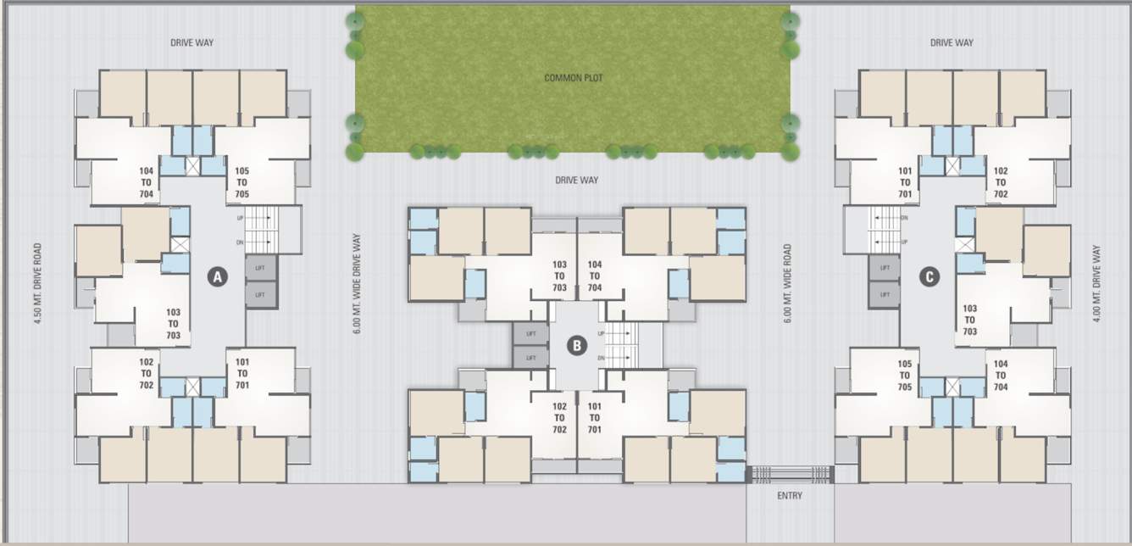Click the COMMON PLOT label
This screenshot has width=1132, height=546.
(574, 78)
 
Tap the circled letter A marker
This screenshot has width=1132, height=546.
(218, 276)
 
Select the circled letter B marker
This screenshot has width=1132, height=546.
(577, 345)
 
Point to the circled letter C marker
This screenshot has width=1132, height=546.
(930, 276)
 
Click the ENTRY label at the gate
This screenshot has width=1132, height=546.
(789, 495)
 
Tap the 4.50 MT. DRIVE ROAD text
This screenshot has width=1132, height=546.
(38, 285)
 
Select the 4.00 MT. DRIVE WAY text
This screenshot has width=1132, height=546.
(1096, 284)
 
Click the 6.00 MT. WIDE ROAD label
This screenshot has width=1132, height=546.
(787, 284)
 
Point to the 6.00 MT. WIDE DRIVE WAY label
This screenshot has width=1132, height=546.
(357, 284)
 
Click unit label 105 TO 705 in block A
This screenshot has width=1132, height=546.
(241, 182)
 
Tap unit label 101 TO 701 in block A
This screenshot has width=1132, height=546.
(242, 374)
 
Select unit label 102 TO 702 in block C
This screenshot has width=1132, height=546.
(1001, 182)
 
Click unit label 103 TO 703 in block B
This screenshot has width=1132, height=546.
(559, 276)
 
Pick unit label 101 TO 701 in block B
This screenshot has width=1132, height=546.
(594, 417)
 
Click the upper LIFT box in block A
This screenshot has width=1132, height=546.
(261, 269)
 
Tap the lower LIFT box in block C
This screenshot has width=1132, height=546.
(885, 294)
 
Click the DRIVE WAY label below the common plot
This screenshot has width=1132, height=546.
(576, 180)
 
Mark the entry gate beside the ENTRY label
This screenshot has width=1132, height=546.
(790, 474)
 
